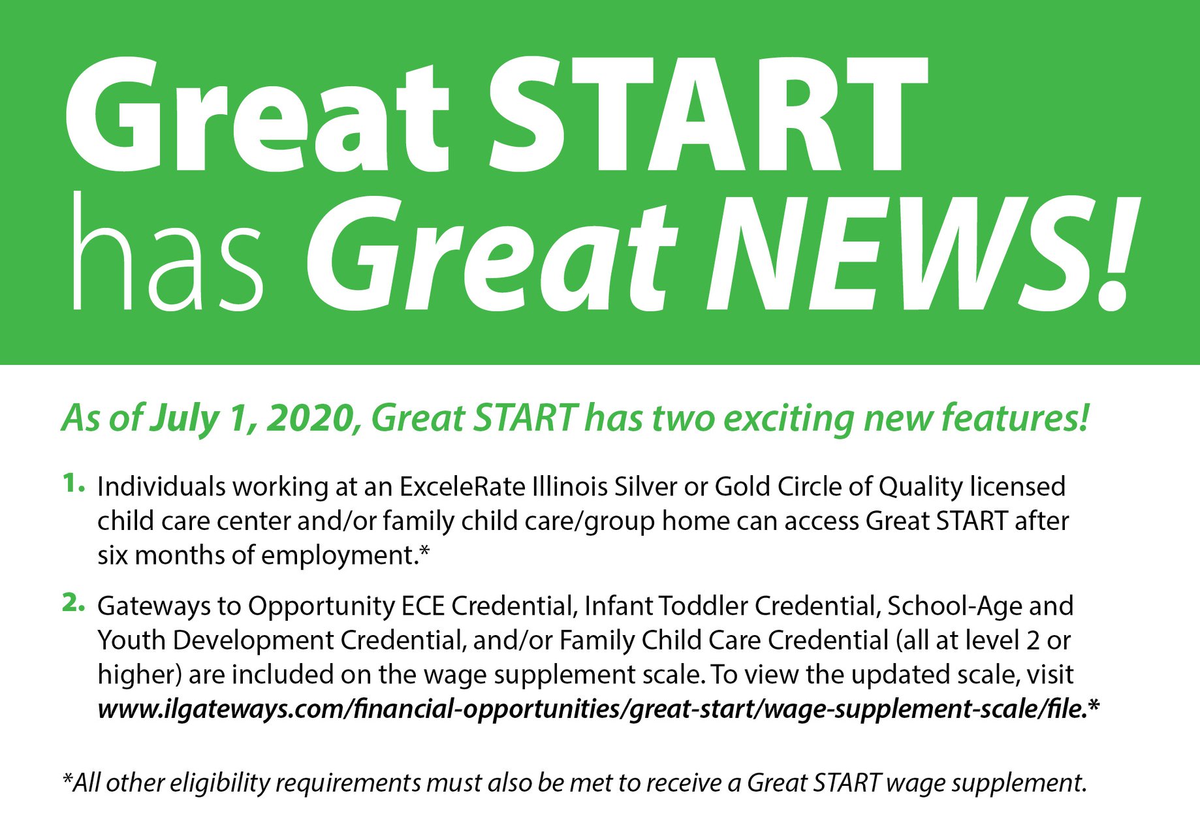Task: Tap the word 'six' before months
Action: tap(112, 555)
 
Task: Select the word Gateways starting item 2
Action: tap(153, 606)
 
